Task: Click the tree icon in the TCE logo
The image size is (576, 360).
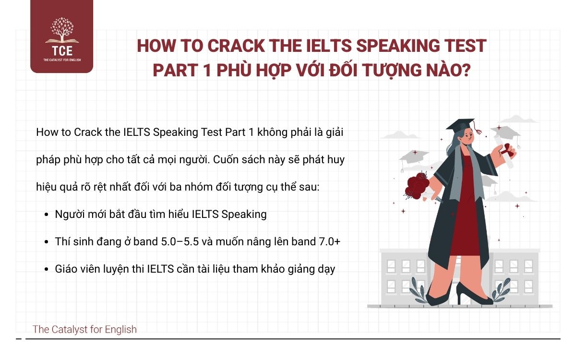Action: pos(61,30)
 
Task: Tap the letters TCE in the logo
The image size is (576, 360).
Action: pos(61,50)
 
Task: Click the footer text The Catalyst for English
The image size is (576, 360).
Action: pos(84,329)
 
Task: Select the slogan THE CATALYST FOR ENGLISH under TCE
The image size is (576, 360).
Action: pos(61,60)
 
